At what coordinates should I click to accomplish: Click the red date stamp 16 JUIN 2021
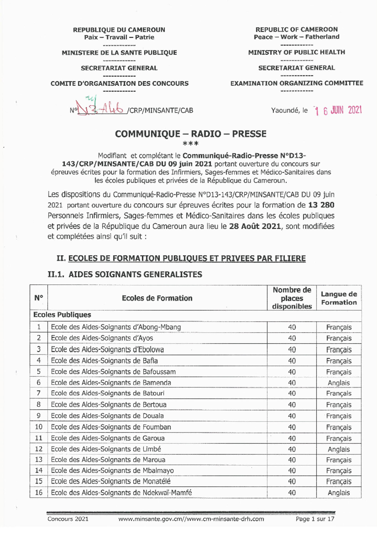tap(339, 110)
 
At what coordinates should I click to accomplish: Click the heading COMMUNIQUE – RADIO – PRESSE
tap(190, 134)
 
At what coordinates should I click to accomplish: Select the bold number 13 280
tap(321, 205)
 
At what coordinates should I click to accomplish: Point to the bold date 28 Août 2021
tap(255, 226)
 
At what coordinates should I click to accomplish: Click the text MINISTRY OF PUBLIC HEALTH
tap(296, 52)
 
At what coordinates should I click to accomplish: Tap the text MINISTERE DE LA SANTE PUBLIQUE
tap(119, 53)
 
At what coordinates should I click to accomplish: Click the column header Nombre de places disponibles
tap(292, 298)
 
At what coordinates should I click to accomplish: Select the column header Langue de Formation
tap(339, 298)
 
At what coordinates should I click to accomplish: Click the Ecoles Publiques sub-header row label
tap(62, 315)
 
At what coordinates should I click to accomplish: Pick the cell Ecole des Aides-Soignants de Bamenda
tap(111, 383)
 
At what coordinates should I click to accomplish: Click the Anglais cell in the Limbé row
tap(339, 449)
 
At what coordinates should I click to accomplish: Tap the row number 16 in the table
tap(39, 493)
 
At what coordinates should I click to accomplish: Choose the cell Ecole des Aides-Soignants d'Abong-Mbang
tap(116, 327)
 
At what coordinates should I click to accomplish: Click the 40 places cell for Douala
tap(292, 416)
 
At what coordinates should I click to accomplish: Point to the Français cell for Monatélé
tap(339, 482)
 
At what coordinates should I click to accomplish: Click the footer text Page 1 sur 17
tap(315, 519)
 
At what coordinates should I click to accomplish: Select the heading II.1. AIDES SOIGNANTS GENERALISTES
tap(125, 274)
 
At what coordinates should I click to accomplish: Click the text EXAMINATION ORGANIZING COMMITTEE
tap(296, 83)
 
